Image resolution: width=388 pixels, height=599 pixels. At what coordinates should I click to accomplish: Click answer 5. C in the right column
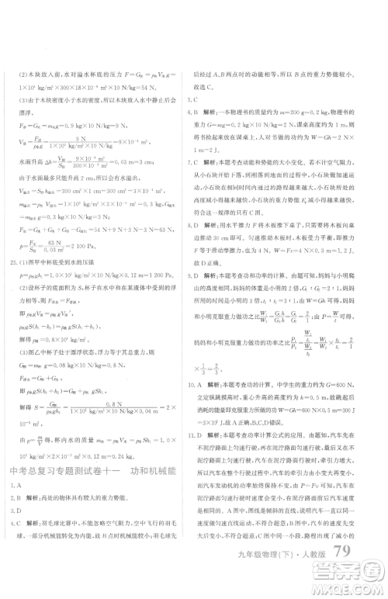coord(196,99)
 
